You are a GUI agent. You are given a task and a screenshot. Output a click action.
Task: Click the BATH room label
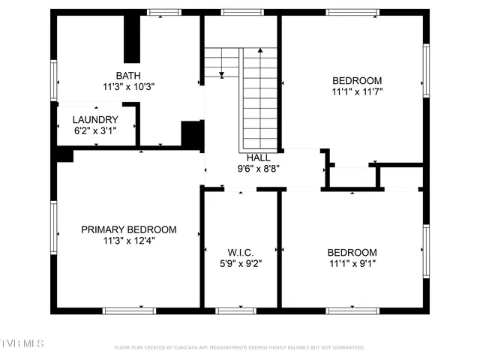(x=129, y=75)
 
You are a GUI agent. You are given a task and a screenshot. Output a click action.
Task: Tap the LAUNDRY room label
(x=95, y=120)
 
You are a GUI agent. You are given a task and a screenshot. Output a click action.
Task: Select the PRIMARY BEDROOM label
(x=129, y=229)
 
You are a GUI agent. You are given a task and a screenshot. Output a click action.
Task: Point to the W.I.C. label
(x=239, y=252)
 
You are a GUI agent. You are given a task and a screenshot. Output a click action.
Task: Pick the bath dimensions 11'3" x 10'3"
(x=129, y=86)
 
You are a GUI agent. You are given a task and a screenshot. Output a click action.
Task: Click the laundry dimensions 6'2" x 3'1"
(x=95, y=130)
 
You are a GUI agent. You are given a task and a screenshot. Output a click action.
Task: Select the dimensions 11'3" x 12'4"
(x=129, y=241)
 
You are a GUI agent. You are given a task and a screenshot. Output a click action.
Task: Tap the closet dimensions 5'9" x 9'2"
(x=239, y=263)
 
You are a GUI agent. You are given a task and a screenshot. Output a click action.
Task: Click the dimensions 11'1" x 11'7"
(x=357, y=92)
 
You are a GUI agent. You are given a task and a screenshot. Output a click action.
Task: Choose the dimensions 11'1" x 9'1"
(x=352, y=264)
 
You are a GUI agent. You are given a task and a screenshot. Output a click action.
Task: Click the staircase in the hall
(x=259, y=97)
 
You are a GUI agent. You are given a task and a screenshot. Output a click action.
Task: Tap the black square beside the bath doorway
(x=193, y=133)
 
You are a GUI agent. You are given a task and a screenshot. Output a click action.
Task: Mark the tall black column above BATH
(x=132, y=40)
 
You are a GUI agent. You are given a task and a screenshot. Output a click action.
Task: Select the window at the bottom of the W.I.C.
(x=239, y=309)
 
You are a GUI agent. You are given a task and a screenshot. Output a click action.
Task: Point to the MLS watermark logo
(x=22, y=343)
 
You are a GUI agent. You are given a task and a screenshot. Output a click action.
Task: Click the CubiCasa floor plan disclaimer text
(x=239, y=347)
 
